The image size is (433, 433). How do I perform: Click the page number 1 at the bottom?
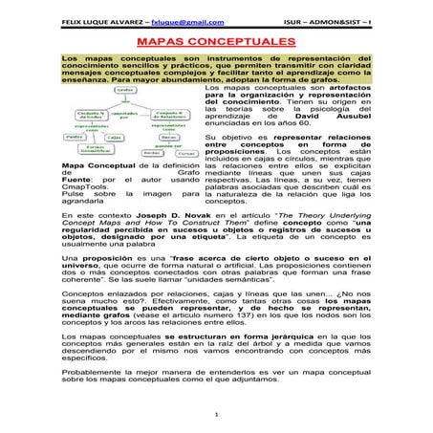[x=217, y=418]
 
